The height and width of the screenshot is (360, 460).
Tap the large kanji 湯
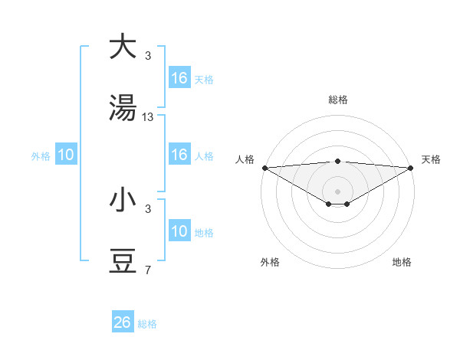123,109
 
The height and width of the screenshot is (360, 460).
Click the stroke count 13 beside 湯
148,117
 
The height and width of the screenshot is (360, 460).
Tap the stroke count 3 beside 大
148,55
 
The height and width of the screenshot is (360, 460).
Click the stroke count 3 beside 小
148,209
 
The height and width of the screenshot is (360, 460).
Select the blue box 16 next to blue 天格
179,78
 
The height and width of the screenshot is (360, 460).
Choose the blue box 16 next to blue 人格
179,155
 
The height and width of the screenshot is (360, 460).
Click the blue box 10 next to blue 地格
179,231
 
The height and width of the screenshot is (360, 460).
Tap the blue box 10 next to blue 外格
66,155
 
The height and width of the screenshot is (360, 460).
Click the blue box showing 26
123,322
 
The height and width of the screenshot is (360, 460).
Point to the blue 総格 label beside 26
147,324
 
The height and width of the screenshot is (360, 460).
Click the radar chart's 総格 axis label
338,100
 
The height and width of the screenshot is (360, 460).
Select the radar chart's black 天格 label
431,159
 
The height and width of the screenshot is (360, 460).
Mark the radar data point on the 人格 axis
264,168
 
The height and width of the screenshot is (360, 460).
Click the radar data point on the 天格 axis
412,168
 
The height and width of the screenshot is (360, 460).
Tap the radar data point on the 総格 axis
338,161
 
